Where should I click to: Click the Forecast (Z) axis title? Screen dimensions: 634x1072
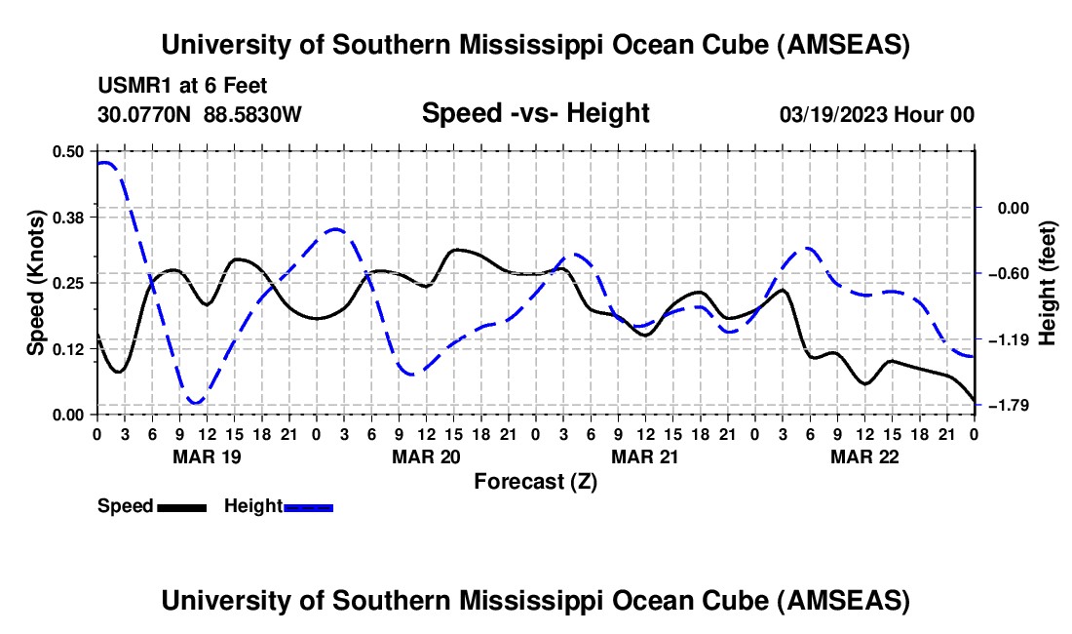coord(535,481)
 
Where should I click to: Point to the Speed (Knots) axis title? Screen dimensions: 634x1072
coord(35,282)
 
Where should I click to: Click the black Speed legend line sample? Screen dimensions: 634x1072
coord(181,506)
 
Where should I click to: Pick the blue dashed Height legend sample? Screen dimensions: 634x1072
coord(309,506)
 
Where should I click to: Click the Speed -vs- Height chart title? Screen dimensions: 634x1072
coord(535,113)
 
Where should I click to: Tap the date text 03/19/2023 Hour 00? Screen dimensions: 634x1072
coord(877,114)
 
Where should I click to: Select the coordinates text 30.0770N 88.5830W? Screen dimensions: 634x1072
coord(200,114)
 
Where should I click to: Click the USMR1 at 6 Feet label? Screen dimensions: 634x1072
coord(182,86)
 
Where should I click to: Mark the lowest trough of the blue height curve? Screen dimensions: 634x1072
coord(196,402)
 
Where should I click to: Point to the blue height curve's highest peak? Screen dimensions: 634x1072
coord(104,163)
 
